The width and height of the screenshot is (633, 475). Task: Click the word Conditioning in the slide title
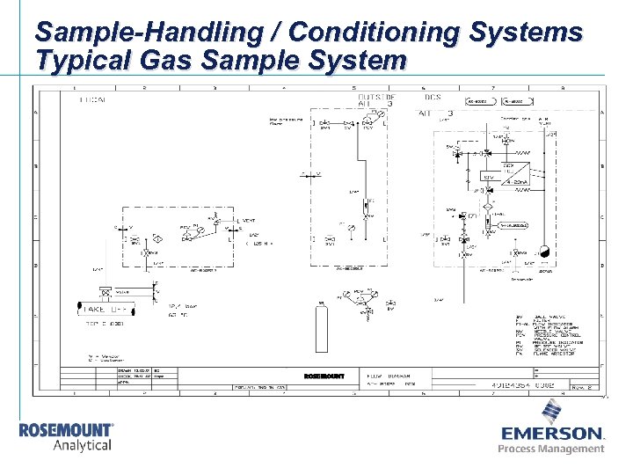coord(373,33)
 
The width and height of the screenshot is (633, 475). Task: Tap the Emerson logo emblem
coord(552,410)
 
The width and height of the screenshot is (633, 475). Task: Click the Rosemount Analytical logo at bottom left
coord(67,436)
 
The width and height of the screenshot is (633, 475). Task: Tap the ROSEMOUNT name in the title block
coord(324,376)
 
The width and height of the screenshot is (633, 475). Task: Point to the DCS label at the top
coord(433,97)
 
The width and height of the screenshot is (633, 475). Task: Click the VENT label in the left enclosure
coord(249,218)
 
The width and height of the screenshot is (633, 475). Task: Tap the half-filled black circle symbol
coord(542,250)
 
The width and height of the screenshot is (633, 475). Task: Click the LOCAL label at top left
coord(91,100)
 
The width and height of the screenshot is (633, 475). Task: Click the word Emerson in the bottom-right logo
coord(552,434)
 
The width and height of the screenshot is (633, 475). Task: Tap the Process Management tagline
coord(551,449)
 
